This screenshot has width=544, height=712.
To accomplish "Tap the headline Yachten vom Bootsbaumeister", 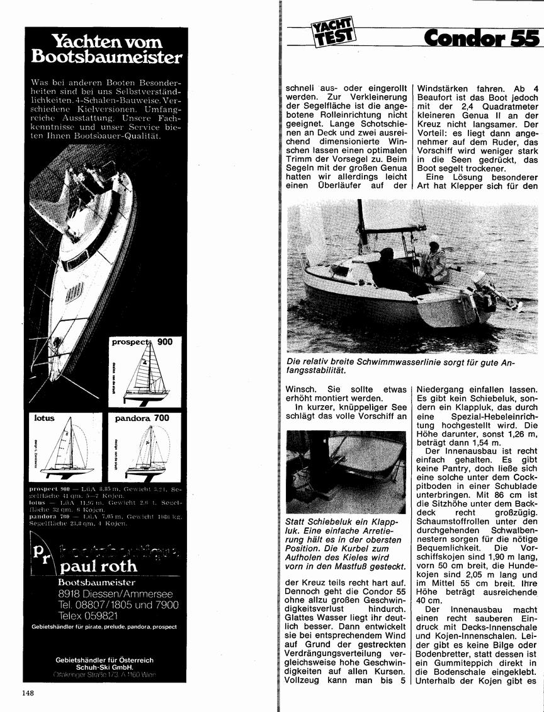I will click(106, 50).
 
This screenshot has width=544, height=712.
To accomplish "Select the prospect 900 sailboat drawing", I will click(146, 374).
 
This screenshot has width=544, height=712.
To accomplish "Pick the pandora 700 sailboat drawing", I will click(146, 450).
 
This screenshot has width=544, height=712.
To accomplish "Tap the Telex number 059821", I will click(88, 615).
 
